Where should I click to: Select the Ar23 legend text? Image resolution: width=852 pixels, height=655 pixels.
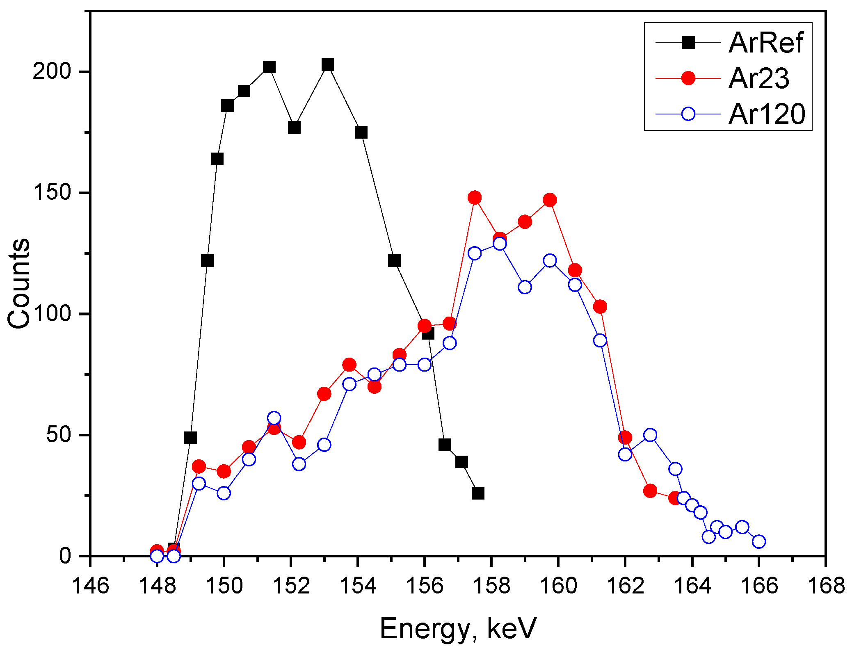tap(758, 78)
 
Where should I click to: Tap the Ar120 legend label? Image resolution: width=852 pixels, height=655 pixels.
tap(767, 114)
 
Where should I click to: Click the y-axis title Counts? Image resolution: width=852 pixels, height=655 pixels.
tap(19, 283)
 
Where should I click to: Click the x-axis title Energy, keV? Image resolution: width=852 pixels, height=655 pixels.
tap(458, 628)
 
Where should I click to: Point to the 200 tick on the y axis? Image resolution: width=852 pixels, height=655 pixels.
tap(52, 72)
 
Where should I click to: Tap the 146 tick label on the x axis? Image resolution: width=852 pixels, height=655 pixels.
tap(90, 586)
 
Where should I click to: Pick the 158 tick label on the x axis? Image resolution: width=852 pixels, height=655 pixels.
tap(491, 586)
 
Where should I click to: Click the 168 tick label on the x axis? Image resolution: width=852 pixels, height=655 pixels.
tap(825, 586)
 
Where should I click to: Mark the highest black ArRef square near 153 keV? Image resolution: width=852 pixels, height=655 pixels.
tap(327, 65)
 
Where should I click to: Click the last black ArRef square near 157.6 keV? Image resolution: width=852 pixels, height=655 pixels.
tap(478, 493)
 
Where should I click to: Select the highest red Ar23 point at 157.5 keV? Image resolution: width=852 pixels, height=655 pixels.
tap(475, 198)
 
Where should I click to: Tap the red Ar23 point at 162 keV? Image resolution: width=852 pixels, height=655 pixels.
tap(625, 438)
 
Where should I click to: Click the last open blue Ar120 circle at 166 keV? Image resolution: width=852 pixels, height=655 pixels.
tap(759, 541)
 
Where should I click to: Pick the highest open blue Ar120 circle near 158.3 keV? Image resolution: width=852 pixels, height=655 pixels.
tap(500, 244)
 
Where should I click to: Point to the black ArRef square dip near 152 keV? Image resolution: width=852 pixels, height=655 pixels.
tap(294, 128)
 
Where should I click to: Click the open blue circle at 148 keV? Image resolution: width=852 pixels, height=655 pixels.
tap(157, 556)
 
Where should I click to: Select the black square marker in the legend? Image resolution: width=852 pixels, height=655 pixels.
tap(688, 43)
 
